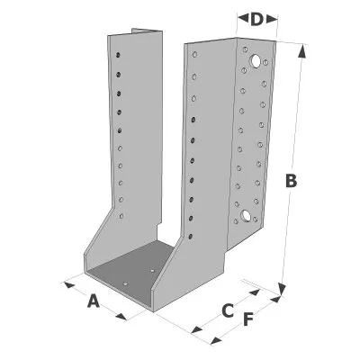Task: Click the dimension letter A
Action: click(94, 301)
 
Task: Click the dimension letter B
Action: click(291, 181)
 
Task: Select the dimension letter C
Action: click(228, 310)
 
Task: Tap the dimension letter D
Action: click(256, 19)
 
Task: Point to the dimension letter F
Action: click(248, 319)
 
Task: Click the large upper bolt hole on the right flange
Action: click(256, 61)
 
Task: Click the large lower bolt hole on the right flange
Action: click(246, 215)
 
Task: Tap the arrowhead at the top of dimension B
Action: click(302, 51)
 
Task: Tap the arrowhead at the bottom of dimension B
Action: click(282, 290)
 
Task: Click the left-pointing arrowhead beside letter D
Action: click(243, 19)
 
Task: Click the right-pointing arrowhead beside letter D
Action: click(272, 19)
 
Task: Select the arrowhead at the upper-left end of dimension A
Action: click(69, 284)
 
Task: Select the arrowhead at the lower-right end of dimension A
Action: click(121, 317)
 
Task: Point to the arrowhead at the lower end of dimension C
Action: click(196, 329)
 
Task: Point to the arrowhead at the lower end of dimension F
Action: click(216, 340)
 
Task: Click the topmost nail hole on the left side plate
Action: click(118, 55)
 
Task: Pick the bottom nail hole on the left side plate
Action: click(121, 216)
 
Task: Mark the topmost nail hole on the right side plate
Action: click(194, 54)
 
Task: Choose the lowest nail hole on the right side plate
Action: click(190, 237)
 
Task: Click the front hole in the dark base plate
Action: click(126, 283)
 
